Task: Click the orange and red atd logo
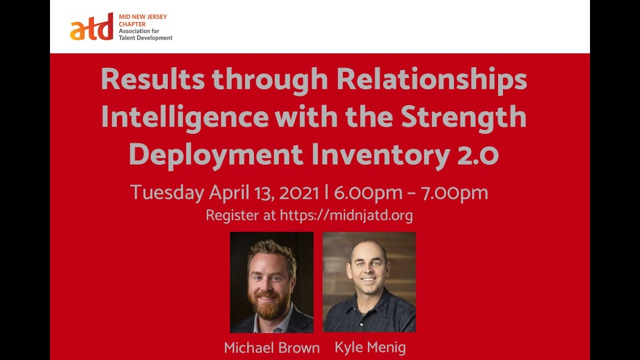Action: point(91,28)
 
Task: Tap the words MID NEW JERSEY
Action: point(143,16)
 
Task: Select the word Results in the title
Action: point(152,79)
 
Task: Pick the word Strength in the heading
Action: point(463,117)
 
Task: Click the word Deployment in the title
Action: point(216,154)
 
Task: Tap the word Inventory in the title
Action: point(380,155)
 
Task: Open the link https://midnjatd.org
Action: point(346,215)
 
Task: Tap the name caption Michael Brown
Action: point(271,348)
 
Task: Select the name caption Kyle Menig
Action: point(370,347)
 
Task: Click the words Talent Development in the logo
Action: point(145,38)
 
